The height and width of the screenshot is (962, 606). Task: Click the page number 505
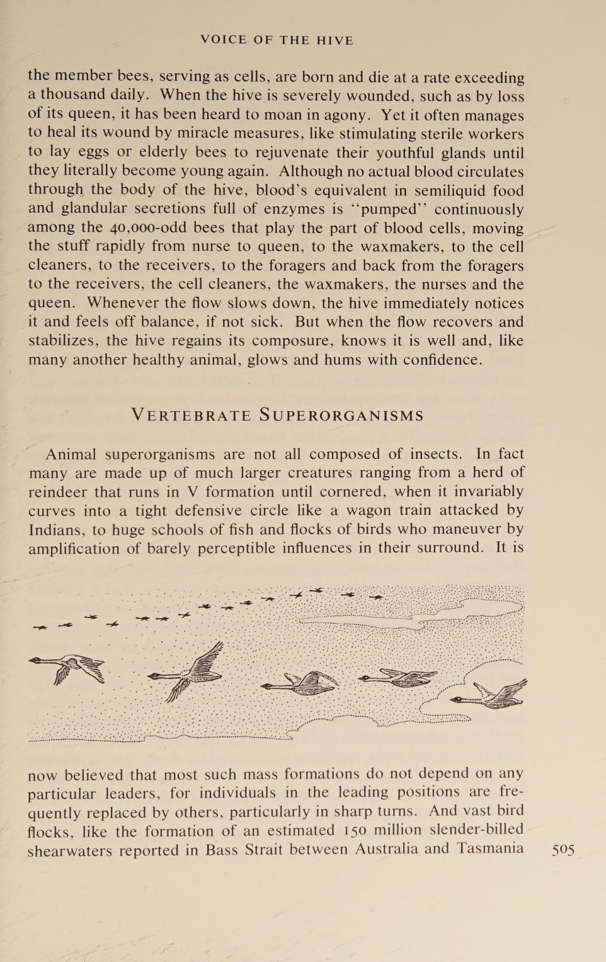point(563,850)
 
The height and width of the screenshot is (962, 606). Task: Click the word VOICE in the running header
point(224,40)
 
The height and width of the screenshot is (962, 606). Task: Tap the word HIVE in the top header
point(334,40)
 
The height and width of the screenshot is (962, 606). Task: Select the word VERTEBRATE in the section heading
point(191,415)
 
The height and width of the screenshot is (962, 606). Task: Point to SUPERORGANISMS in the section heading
point(341,415)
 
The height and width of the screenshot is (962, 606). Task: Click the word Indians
point(55,530)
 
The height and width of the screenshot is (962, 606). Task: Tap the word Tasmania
point(491,849)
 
